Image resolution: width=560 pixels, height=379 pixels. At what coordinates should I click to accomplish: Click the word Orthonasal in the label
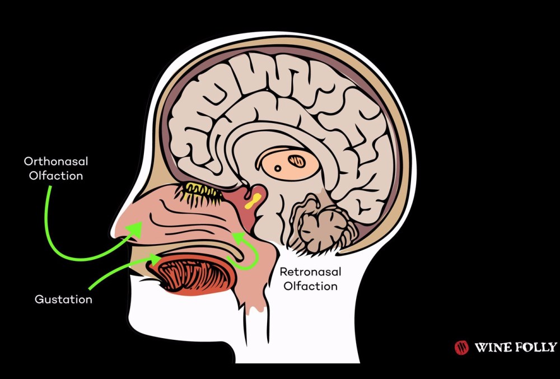(56, 162)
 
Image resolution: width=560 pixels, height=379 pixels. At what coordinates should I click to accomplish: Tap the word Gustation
(63, 299)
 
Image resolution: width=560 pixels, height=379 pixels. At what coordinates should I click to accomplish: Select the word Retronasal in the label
(310, 273)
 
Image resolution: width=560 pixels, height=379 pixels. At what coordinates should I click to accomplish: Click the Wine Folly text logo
(515, 347)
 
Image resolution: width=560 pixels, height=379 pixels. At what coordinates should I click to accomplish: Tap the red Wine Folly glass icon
(461, 347)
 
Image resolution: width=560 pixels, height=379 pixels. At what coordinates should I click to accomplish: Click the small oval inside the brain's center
(297, 162)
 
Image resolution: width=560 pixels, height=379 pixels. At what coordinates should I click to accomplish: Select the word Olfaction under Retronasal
(310, 286)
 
